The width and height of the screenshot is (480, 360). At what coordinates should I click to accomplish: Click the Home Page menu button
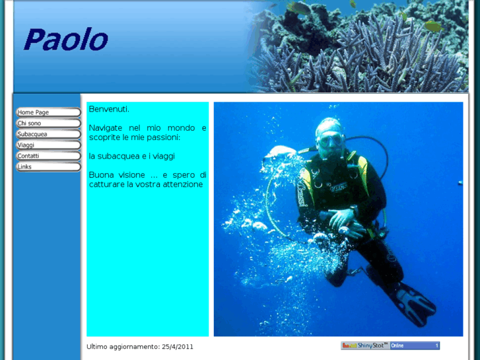point(48,112)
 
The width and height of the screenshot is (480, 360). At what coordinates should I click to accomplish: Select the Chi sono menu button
point(48,124)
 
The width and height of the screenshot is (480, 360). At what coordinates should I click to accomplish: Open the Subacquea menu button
point(48,134)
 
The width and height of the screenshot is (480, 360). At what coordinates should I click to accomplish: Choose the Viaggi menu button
point(48,145)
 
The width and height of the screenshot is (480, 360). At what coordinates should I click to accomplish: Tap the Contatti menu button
point(48,156)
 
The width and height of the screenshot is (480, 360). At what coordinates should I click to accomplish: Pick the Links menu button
point(48,166)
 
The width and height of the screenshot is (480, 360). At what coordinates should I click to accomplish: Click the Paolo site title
point(65,40)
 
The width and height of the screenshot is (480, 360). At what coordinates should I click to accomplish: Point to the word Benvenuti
point(109,109)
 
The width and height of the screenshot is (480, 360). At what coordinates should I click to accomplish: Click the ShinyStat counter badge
point(364,345)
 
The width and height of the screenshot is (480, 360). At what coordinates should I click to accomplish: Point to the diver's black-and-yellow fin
point(413,303)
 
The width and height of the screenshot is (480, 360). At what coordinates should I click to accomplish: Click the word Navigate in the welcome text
point(106,127)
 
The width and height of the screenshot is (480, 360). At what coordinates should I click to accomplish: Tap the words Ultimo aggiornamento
point(122,346)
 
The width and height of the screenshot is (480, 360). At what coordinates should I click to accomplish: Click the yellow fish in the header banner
point(432,26)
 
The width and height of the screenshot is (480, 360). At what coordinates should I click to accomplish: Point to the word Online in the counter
point(398,345)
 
